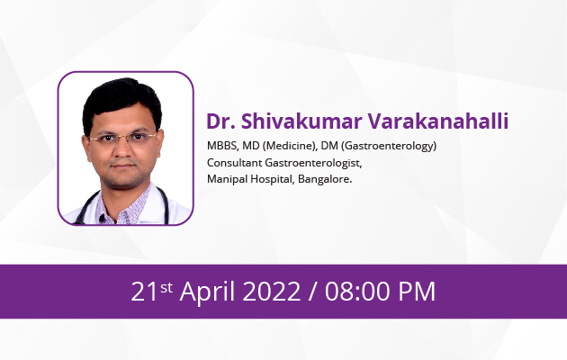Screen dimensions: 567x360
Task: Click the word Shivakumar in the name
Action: point(301,121)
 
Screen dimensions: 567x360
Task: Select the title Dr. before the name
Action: point(220,121)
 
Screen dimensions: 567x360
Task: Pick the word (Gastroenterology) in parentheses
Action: point(389,146)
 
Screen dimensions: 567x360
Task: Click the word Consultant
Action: point(234,163)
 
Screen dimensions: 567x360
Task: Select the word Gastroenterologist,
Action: point(313,163)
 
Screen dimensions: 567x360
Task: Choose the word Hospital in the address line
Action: point(273,179)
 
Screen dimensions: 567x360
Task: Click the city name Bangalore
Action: point(325,179)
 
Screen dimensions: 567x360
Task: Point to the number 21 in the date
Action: point(144,292)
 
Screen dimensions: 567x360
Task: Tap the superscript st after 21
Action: point(166,288)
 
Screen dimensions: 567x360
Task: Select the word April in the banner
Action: point(207,292)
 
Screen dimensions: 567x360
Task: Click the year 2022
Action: point(271,292)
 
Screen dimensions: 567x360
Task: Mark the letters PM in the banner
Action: point(417,292)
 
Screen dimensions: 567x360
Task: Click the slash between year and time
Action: point(312,292)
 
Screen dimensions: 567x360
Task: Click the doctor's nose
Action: point(123,150)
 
